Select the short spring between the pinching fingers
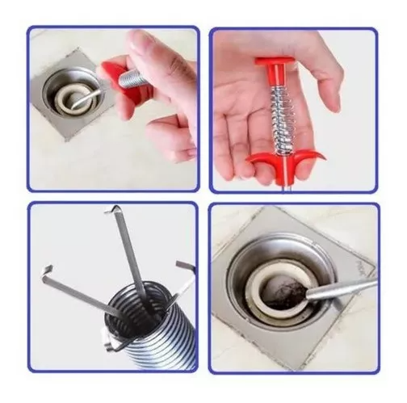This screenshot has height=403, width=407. [131, 79]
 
